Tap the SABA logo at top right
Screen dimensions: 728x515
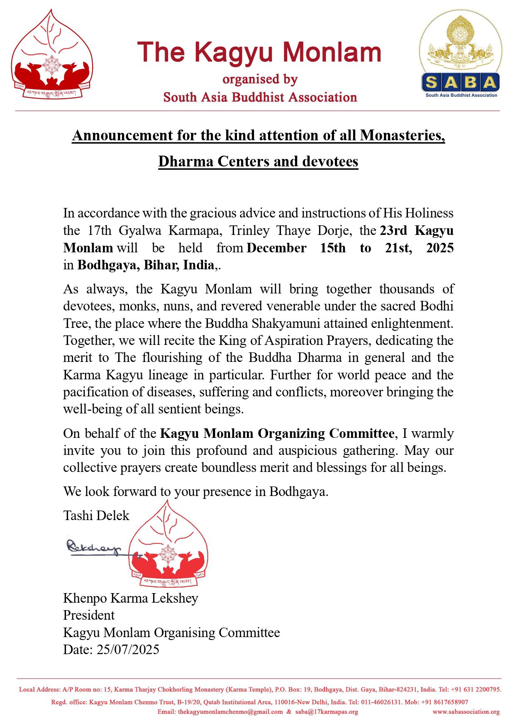461,54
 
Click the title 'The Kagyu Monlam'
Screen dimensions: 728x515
259,53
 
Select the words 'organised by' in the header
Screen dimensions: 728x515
260,79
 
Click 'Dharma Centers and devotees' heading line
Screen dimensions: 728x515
258,161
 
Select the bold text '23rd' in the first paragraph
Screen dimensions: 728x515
393,230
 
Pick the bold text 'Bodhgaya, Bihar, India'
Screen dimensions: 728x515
146,265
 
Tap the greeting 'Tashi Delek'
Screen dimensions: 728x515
96,515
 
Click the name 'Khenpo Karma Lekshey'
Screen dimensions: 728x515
131,598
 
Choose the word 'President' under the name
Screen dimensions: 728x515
89,615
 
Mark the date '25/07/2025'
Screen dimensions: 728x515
128,650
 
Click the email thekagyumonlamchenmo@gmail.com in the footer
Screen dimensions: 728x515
230,712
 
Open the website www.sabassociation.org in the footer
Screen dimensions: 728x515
466,712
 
